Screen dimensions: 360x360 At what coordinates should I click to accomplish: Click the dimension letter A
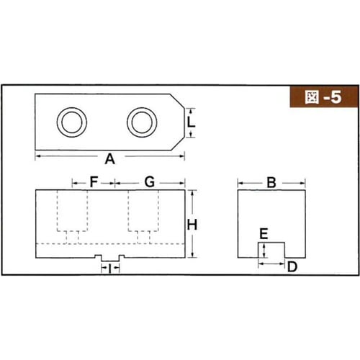(110, 159)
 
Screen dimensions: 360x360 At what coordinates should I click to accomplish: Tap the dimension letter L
(191, 122)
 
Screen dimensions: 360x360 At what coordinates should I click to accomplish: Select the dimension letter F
(94, 181)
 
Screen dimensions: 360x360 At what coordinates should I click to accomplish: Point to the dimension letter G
(150, 181)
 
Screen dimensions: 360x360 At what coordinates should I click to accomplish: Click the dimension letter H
(192, 225)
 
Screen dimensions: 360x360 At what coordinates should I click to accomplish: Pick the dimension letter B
(271, 183)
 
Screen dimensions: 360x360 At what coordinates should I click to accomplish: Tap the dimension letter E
(264, 234)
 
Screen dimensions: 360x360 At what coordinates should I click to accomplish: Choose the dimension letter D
(292, 266)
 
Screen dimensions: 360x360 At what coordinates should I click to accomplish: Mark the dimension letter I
(109, 269)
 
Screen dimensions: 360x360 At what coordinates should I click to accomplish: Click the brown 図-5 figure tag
(324, 97)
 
